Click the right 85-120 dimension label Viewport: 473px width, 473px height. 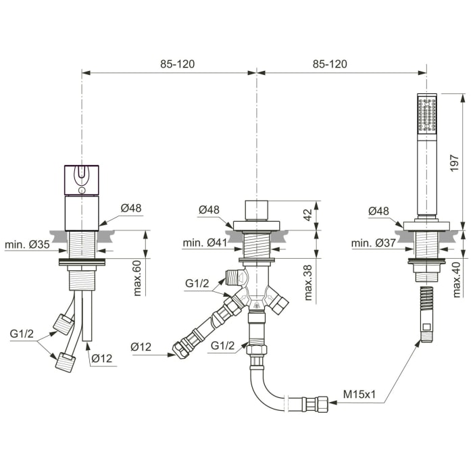pos(330,64)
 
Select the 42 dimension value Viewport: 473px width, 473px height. pos(307,214)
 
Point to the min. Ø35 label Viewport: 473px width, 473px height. pos(27,244)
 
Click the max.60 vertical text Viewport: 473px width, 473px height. pos(136,277)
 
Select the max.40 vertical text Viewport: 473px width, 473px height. pos(457,279)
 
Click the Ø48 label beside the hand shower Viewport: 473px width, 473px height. pos(378,211)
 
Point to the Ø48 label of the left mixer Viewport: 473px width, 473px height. pos(131,208)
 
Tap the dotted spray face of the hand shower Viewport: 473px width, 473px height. pos(427,114)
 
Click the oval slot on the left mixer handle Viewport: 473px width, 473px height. pos(82,178)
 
